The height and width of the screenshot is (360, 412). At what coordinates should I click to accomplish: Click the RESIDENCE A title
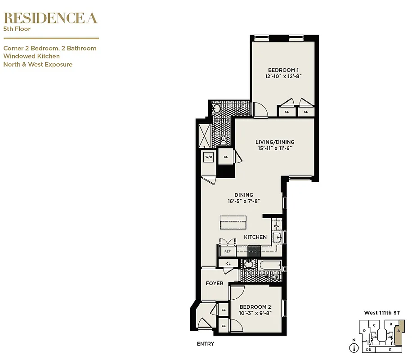pyautogui.click(x=50, y=18)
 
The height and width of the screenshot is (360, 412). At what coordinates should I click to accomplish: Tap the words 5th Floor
pyautogui.click(x=17, y=29)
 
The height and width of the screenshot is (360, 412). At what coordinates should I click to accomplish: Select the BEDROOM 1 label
pyautogui.click(x=283, y=70)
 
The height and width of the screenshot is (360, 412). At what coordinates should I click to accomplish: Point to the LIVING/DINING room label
pyautogui.click(x=275, y=142)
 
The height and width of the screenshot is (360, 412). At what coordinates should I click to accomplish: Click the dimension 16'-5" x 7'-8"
pyautogui.click(x=243, y=201)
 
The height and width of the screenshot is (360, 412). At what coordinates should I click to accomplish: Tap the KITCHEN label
pyautogui.click(x=255, y=237)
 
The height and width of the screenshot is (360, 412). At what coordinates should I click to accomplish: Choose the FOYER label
pyautogui.click(x=215, y=283)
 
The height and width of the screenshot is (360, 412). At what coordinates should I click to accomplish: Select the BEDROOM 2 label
pyautogui.click(x=255, y=307)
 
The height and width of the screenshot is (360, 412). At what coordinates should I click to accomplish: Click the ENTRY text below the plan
pyautogui.click(x=206, y=344)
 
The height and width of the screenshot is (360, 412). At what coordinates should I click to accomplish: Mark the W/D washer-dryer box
pyautogui.click(x=208, y=157)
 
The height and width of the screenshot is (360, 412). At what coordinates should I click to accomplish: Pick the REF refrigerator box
pyautogui.click(x=228, y=252)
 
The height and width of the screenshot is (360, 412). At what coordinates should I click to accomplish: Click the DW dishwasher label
pyautogui.click(x=277, y=226)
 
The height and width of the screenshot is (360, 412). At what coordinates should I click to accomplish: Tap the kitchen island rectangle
pyautogui.click(x=233, y=222)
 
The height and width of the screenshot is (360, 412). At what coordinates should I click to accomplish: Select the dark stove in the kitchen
pyautogui.click(x=255, y=251)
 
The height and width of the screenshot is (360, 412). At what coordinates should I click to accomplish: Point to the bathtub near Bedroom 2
pyautogui.click(x=270, y=265)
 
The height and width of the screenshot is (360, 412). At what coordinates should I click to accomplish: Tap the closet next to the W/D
pyautogui.click(x=226, y=157)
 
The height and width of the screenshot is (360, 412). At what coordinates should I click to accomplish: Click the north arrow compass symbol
pyautogui.click(x=354, y=347)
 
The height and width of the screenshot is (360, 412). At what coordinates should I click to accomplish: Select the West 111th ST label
pyautogui.click(x=382, y=313)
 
